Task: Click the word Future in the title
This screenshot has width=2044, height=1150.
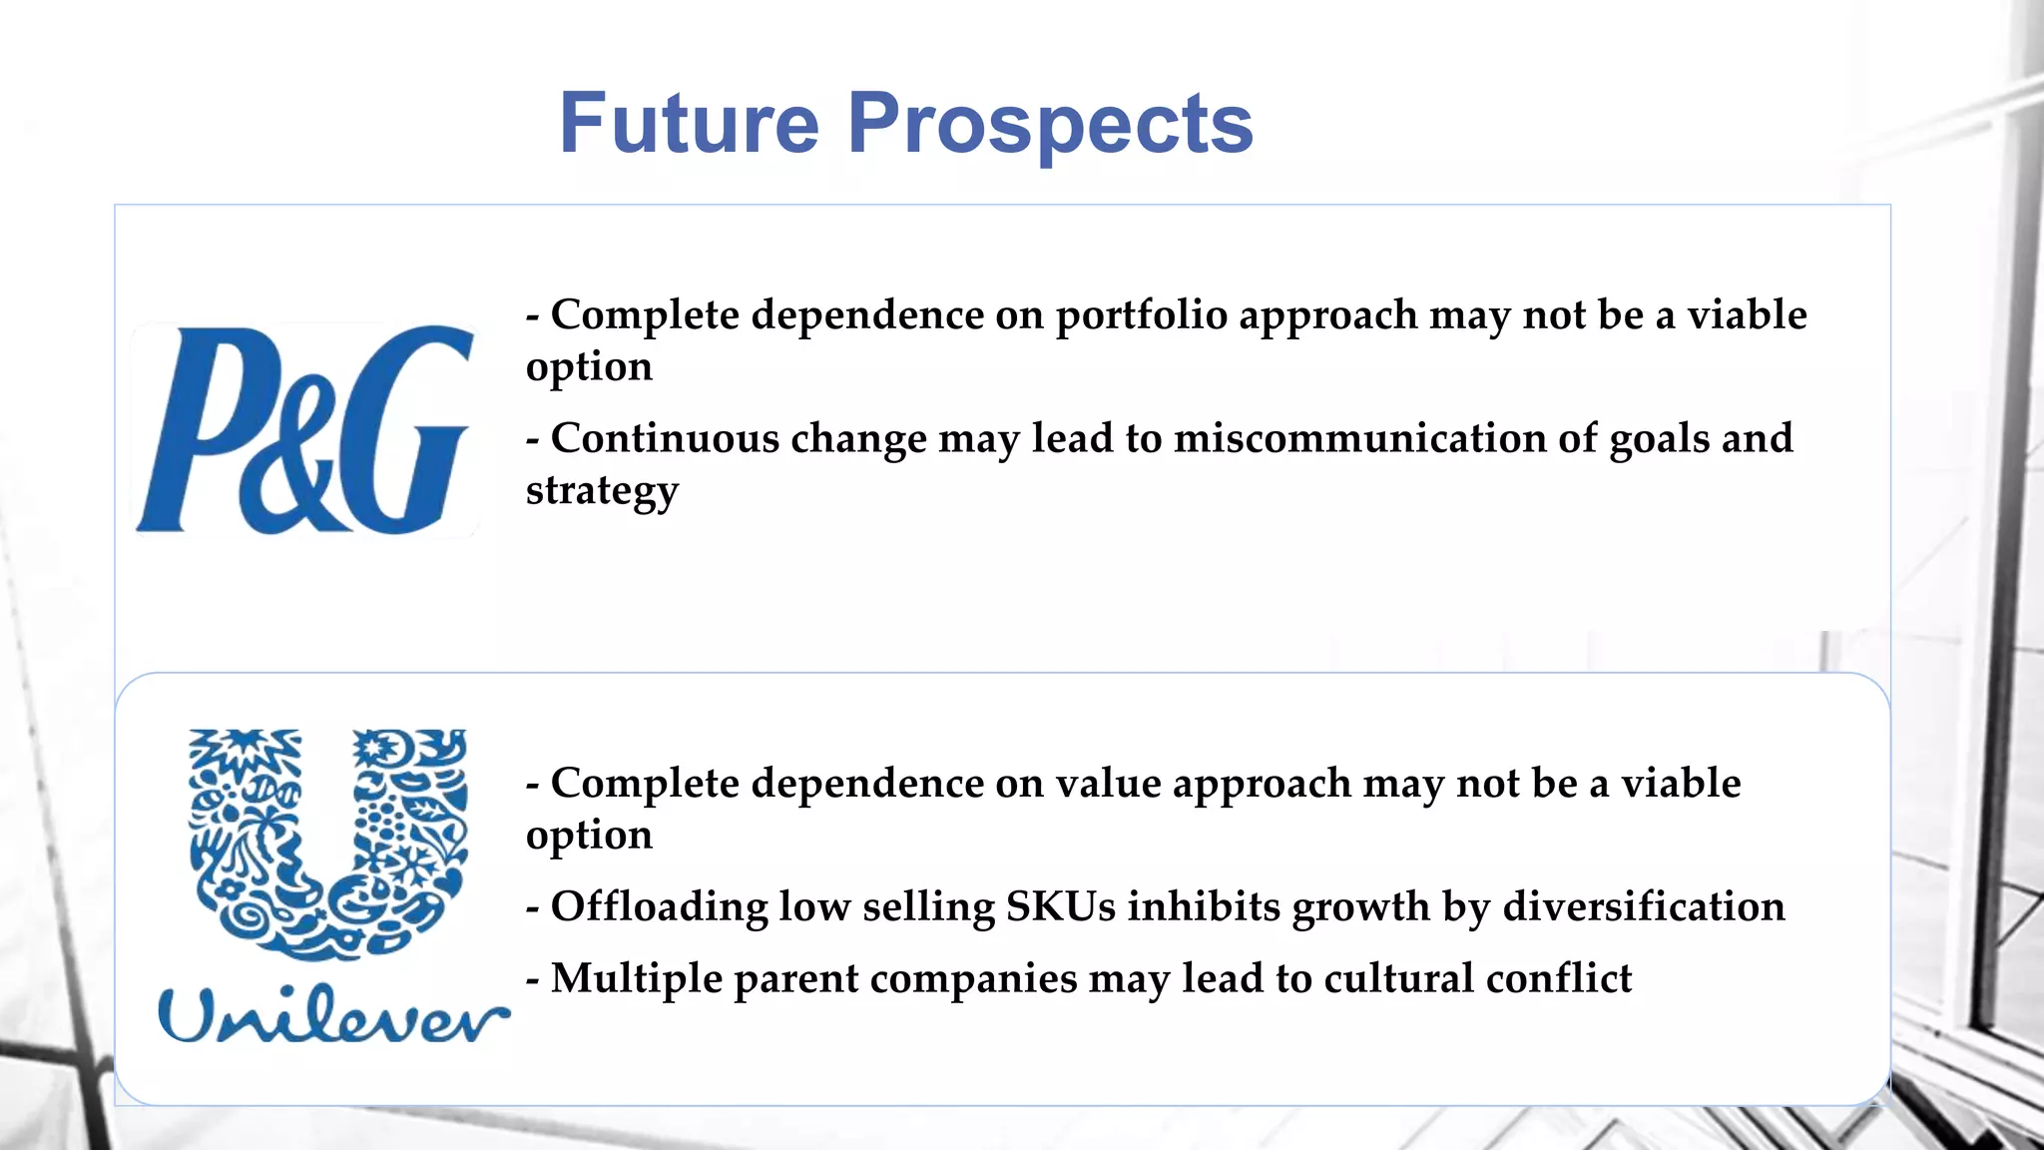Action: tap(689, 124)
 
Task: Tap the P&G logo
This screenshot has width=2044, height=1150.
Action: tap(304, 429)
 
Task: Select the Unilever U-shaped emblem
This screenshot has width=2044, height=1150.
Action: tap(327, 844)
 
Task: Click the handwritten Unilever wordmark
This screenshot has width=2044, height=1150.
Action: tap(333, 1015)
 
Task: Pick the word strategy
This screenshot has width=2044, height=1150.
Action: tap(602, 491)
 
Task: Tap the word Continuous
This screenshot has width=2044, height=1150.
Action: tap(665, 439)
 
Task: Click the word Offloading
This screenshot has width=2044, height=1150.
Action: tap(659, 907)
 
